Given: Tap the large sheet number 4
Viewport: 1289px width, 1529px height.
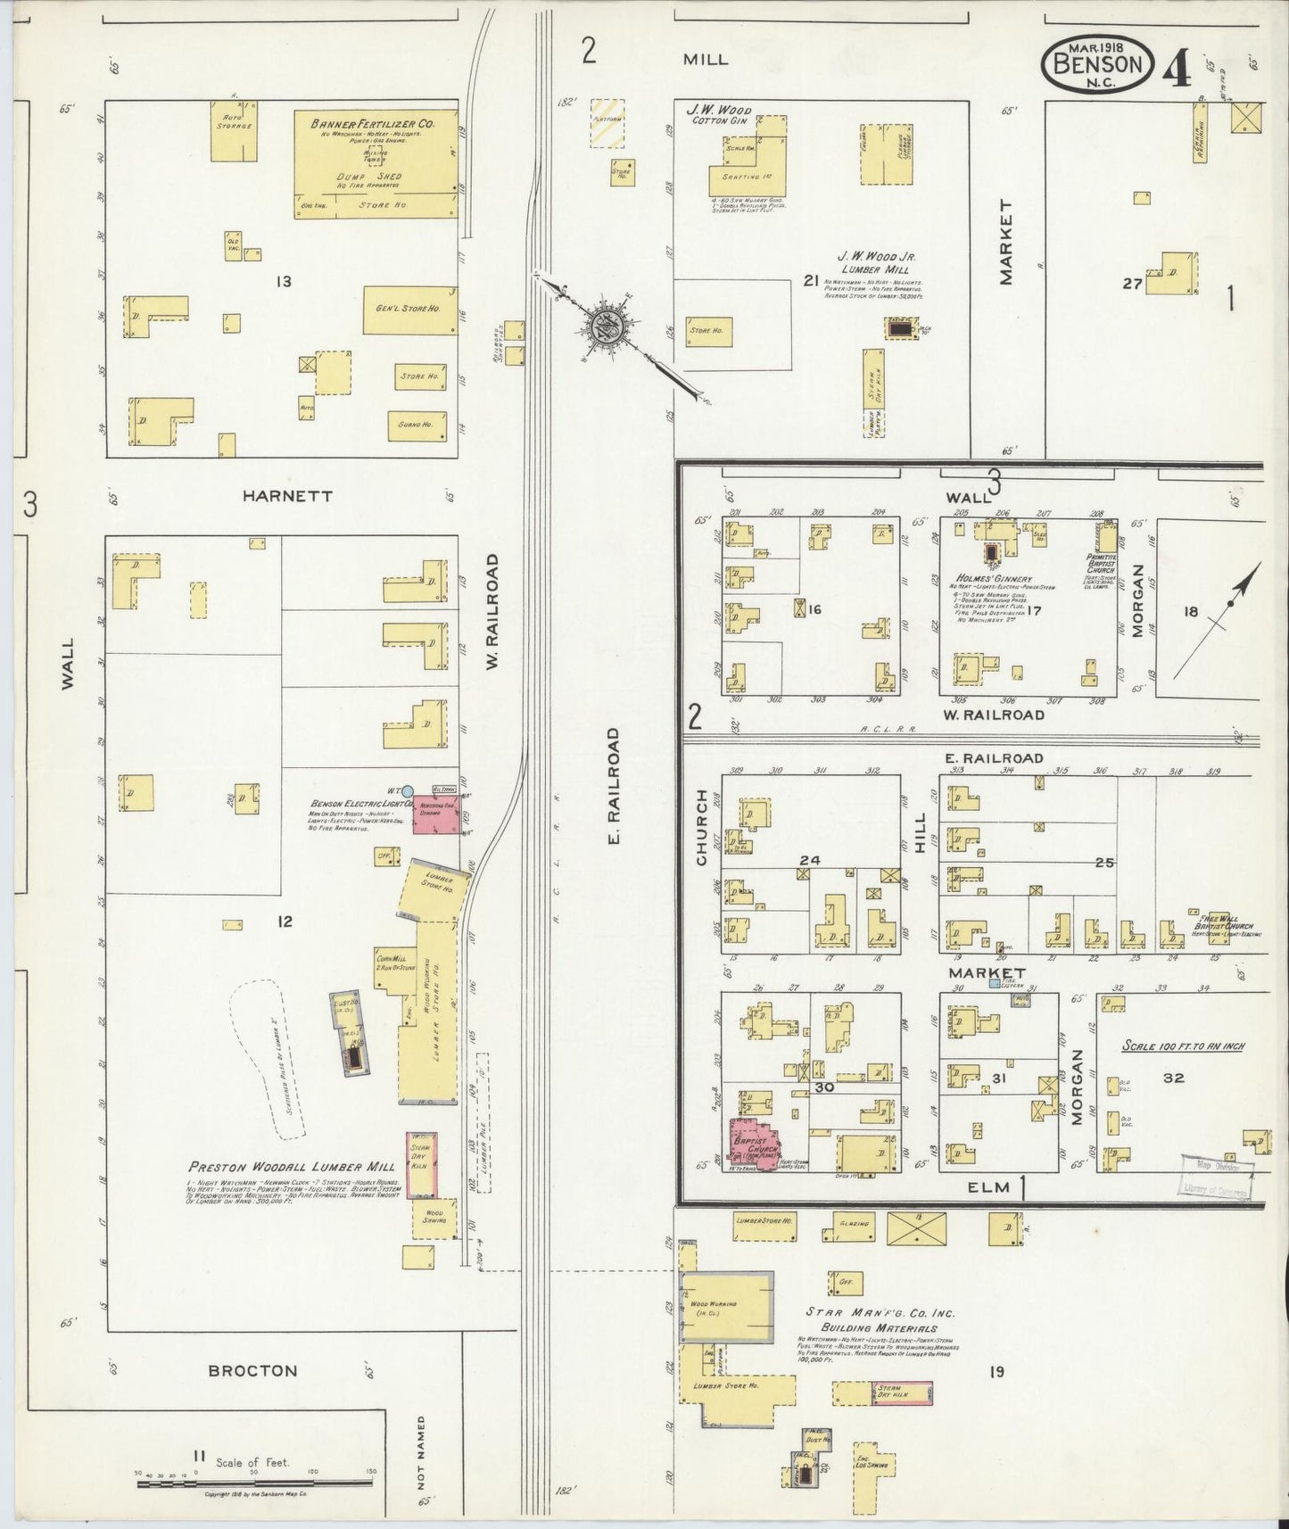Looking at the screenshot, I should point(1177,69).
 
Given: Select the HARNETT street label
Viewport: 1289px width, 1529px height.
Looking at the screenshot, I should point(287,496).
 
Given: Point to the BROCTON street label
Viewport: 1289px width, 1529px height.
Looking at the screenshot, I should point(252,1370).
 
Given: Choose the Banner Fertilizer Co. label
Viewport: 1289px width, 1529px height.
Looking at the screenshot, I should point(373,124).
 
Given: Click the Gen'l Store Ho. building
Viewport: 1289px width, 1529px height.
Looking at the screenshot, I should point(409,310).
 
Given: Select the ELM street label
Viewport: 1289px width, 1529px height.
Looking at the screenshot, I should point(989,1186).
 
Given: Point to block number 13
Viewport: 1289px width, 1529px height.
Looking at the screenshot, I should point(284,282).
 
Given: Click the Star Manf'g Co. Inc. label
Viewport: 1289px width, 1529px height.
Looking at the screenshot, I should point(880,1313).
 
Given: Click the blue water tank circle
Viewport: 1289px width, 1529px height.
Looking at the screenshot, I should point(407,790).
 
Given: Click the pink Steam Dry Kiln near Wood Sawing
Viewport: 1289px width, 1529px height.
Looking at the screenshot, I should point(420,1164).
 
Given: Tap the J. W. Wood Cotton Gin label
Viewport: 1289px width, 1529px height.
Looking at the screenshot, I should point(718,114).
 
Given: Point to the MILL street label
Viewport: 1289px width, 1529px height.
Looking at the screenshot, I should point(705,60).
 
